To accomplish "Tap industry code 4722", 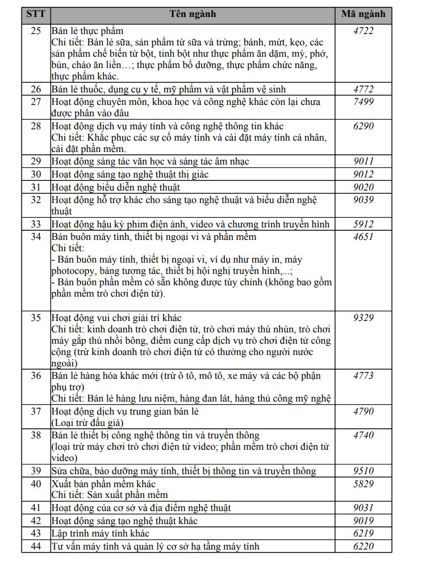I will point(363,31).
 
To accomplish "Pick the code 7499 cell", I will point(363,102).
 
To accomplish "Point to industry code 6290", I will point(363,126).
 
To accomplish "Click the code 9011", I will point(363,162).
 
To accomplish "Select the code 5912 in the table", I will point(363,224).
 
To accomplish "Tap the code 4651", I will point(363,237).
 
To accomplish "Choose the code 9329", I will point(363,318).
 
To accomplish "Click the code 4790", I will point(363,411).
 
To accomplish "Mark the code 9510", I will point(363,471).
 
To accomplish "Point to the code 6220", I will point(363,546).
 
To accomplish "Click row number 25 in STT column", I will point(35,31).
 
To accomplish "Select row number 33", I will point(35,224).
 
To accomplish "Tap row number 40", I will point(35,483).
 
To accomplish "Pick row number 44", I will point(35,546).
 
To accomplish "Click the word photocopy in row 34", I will point(73,271).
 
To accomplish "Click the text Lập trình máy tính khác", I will point(100,534).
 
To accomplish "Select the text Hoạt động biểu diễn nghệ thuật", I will point(115,187).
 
